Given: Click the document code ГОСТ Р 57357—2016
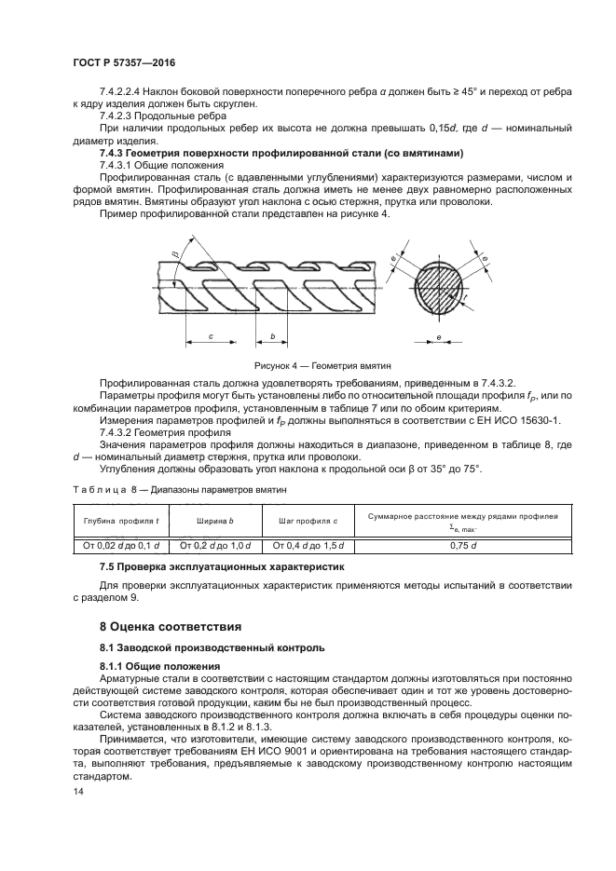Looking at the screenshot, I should coord(124,61).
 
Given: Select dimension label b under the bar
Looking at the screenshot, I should coord(272,335).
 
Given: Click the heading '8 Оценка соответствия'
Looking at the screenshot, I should coord(171,625).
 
